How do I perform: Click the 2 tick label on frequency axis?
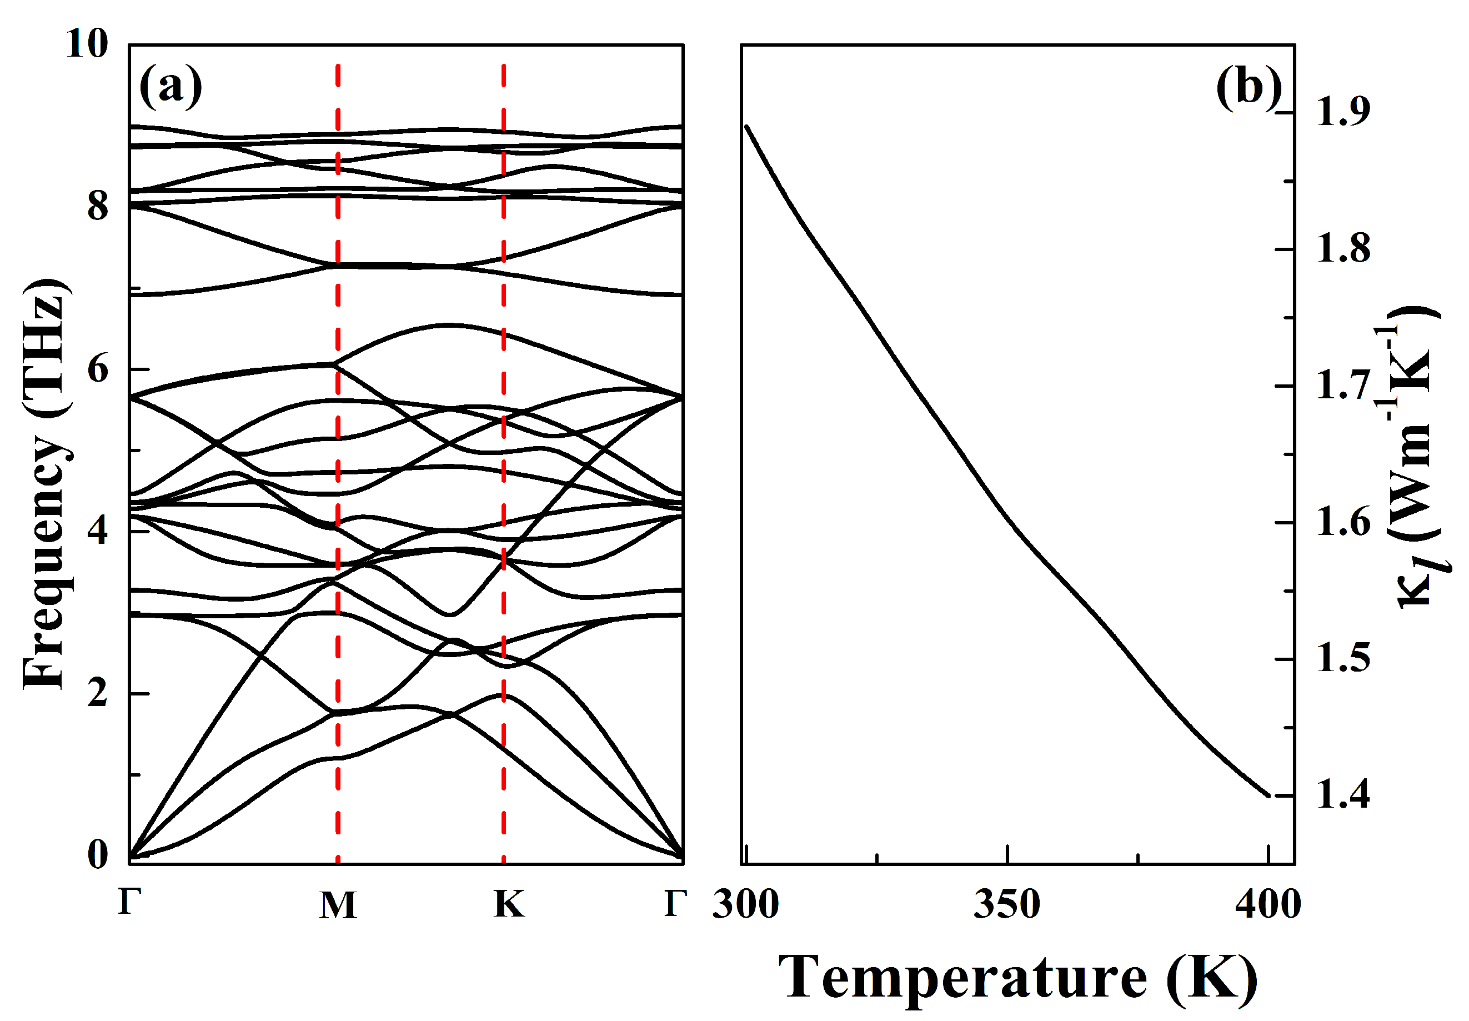[x=98, y=693]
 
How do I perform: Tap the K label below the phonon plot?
[x=508, y=904]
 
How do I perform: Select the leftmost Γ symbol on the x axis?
[x=129, y=903]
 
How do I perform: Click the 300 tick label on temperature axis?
[x=746, y=904]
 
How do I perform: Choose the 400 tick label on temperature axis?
[x=1267, y=904]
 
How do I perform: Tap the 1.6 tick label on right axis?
[x=1343, y=522]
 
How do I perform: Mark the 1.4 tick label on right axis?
[x=1343, y=795]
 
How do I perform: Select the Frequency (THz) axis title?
[x=46, y=484]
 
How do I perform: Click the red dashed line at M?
[x=338, y=448]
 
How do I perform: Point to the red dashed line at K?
[x=504, y=448]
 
